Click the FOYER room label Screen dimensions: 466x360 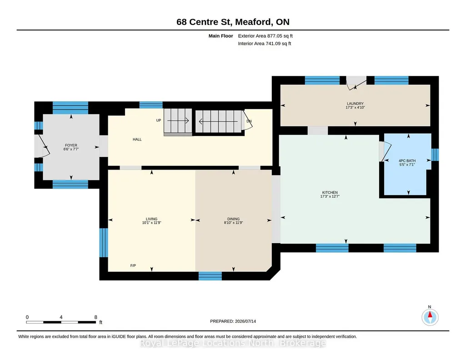tap(71, 145)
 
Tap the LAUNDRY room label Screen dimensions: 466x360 tap(355, 104)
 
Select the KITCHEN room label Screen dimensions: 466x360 tap(330, 192)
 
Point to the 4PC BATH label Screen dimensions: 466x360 tap(407, 161)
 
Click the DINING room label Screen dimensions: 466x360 tap(233, 219)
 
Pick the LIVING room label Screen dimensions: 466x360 tap(151, 219)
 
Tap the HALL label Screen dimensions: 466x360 tap(137, 139)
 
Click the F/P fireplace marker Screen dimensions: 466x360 tap(133, 265)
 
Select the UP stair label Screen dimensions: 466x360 tap(159, 120)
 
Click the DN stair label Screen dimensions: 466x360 tap(249, 121)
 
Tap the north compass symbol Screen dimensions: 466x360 tap(430, 317)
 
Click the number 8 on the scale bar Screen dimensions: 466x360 tap(95, 317)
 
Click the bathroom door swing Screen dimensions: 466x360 tap(386, 151)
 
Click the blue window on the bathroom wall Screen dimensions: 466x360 tap(435, 155)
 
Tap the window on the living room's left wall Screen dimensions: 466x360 tap(103, 242)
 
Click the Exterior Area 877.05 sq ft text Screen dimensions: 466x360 tap(266, 36)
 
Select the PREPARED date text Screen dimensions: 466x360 tap(233, 321)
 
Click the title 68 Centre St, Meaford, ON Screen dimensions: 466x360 tap(233, 22)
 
